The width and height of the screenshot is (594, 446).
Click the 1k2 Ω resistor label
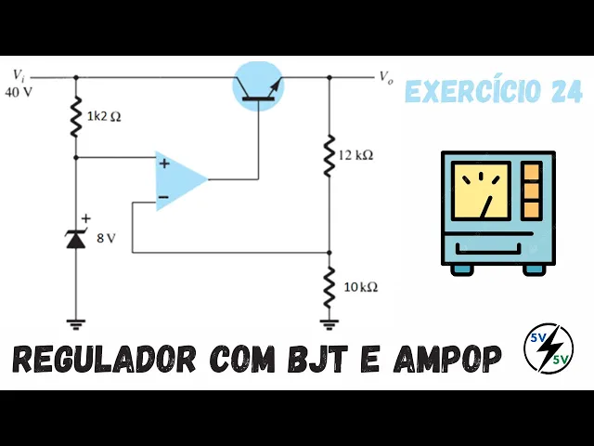pos(104,119)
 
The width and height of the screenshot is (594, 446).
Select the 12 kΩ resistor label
pos(356,155)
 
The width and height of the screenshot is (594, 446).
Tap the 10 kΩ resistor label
pos(360,287)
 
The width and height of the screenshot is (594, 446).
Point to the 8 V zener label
pos(106,238)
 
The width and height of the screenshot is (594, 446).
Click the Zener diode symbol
pos(75,238)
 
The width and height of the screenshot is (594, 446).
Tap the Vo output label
pos(386,77)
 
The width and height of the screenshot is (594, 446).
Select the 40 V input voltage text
pos(19,92)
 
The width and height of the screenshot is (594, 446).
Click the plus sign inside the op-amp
pos(163,164)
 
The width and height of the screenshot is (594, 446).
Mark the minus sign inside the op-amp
pos(163,197)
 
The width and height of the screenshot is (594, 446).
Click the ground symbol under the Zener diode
pos(75,323)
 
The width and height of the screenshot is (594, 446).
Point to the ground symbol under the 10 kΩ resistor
pos(329,323)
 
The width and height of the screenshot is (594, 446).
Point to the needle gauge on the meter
pos(481,191)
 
